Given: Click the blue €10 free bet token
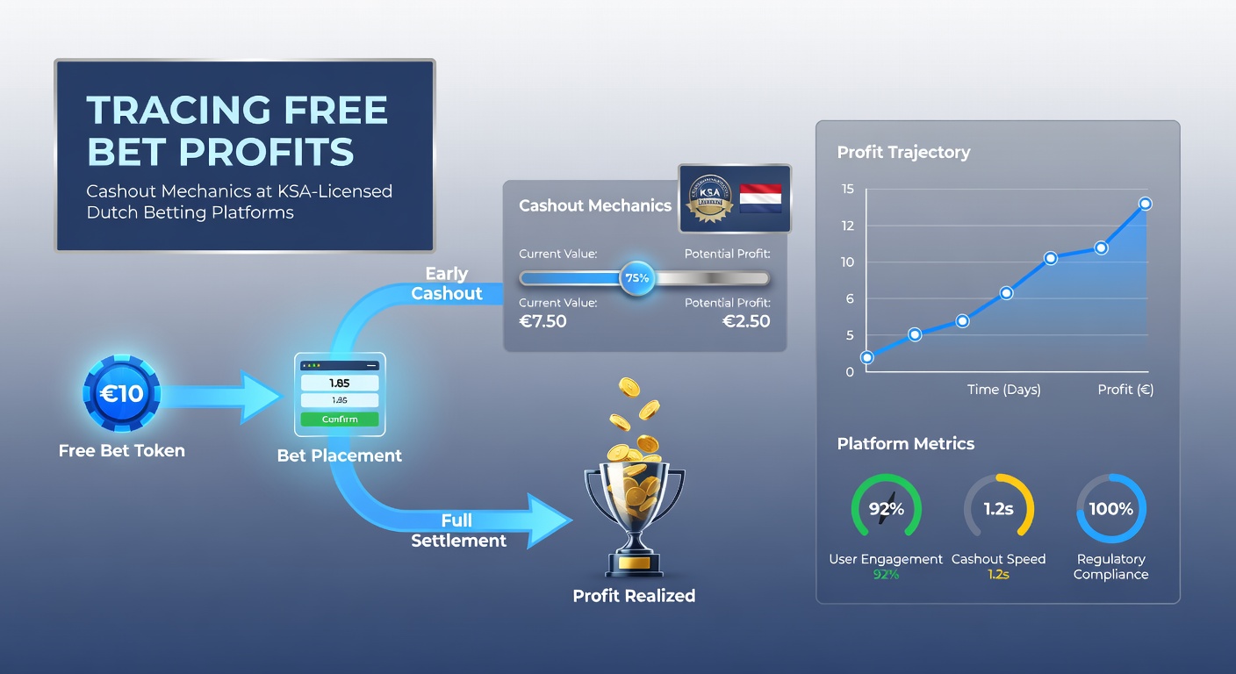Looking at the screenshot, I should coord(121,394).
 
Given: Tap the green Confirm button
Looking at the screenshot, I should coord(340,419).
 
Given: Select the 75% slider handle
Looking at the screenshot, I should coord(636,278).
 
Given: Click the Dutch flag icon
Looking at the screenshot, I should coord(760,198).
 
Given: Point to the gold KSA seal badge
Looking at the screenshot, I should coord(708,200).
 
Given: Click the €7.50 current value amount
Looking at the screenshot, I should coord(543,321).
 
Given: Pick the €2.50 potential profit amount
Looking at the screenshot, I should coord(745,321).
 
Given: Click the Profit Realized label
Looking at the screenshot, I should coord(634,596).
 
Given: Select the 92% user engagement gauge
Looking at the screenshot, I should coord(886,509).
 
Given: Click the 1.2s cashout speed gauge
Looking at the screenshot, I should coord(999,509).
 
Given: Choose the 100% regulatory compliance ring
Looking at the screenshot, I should coord(1110,509).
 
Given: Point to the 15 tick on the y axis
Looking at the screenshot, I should coord(847,189).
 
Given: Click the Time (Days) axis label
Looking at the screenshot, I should coord(1003,390).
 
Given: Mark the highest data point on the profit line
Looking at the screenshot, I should coord(1145,204).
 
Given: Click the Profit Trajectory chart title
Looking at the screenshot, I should coord(903,152).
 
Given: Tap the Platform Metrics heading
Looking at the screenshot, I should coord(905,443).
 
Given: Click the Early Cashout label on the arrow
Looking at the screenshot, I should coord(447,283).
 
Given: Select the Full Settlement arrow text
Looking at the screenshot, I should coord(458,531).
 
